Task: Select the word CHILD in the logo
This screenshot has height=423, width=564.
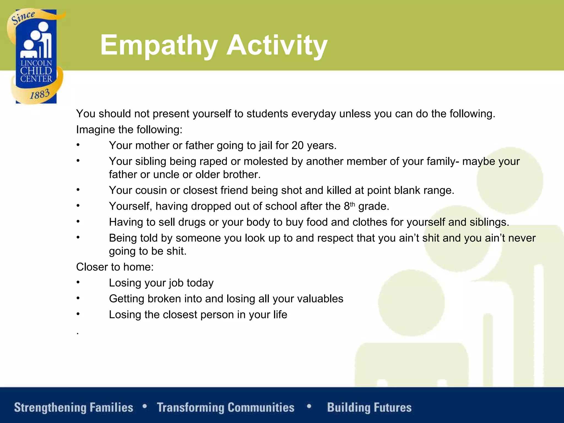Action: click(x=36, y=71)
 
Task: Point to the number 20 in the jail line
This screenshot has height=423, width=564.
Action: click(x=297, y=145)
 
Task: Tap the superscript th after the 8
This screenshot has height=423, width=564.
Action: click(x=352, y=204)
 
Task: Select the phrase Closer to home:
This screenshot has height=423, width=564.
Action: click(x=115, y=267)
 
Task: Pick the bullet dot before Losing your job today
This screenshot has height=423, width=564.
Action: click(x=78, y=282)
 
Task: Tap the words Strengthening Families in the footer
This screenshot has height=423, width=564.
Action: click(x=74, y=408)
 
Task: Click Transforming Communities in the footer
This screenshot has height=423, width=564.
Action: click(x=226, y=408)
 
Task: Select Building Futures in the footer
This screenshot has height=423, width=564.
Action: click(x=369, y=408)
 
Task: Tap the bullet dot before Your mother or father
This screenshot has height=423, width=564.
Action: click(x=78, y=145)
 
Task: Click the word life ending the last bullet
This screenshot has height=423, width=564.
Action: click(x=280, y=314)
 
